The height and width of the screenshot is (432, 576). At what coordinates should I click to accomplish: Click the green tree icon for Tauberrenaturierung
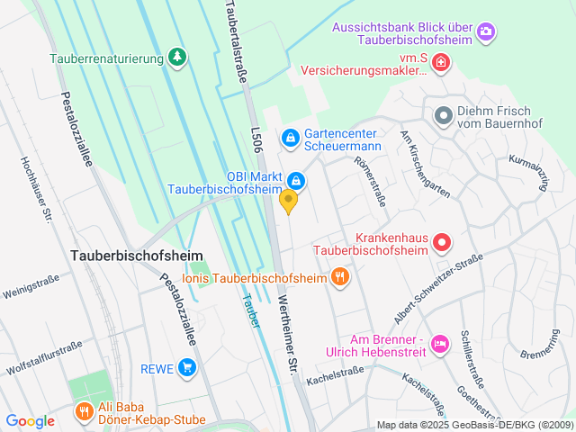(x=178, y=58)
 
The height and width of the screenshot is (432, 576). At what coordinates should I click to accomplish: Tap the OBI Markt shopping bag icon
(x=295, y=181)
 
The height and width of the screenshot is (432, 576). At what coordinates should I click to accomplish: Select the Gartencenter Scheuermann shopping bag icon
(x=291, y=137)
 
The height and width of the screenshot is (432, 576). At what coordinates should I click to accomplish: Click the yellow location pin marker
(x=289, y=202)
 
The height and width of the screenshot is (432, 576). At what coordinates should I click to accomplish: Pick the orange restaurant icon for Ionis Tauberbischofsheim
(x=339, y=277)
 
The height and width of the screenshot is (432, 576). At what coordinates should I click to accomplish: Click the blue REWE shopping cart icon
(x=186, y=367)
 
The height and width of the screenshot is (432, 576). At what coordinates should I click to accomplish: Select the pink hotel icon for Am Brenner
(x=440, y=344)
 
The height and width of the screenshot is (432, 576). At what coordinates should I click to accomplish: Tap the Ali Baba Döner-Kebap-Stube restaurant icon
(x=84, y=410)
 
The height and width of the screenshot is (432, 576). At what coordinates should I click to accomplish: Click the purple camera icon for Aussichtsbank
(x=486, y=32)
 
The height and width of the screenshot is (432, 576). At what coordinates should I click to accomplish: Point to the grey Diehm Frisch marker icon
(x=443, y=115)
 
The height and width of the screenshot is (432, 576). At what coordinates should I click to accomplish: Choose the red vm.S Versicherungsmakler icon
(x=441, y=62)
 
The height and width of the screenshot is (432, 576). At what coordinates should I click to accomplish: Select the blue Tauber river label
(x=250, y=310)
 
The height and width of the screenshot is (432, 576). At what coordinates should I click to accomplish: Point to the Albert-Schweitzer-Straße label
(x=438, y=289)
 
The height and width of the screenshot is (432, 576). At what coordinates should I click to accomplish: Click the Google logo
(x=31, y=420)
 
